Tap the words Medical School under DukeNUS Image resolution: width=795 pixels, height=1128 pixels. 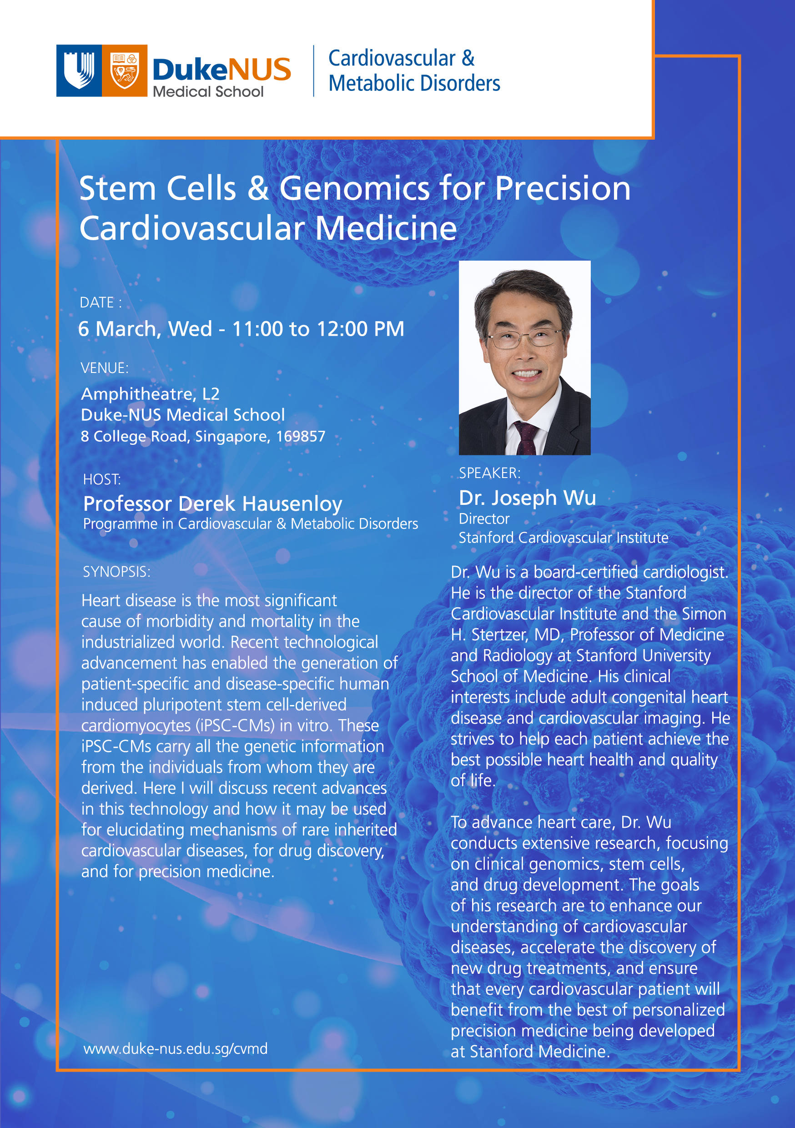(x=208, y=92)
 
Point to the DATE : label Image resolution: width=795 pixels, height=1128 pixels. (x=101, y=302)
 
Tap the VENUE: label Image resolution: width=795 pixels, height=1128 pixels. (x=104, y=368)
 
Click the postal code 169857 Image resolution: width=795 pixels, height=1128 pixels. (x=300, y=436)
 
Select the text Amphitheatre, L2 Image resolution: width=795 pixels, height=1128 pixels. (x=150, y=394)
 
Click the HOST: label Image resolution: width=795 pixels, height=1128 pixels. (x=102, y=479)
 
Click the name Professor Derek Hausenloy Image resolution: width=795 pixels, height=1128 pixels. (x=212, y=504)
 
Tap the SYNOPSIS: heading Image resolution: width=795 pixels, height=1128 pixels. (x=116, y=572)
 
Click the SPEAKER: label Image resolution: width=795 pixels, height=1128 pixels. (x=489, y=473)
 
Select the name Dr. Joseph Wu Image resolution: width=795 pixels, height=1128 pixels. (x=527, y=498)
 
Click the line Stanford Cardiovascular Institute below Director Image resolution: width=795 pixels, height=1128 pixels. (x=563, y=538)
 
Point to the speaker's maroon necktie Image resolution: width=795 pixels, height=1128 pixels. (x=526, y=436)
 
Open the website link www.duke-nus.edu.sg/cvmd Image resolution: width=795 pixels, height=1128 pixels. (x=176, y=1049)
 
